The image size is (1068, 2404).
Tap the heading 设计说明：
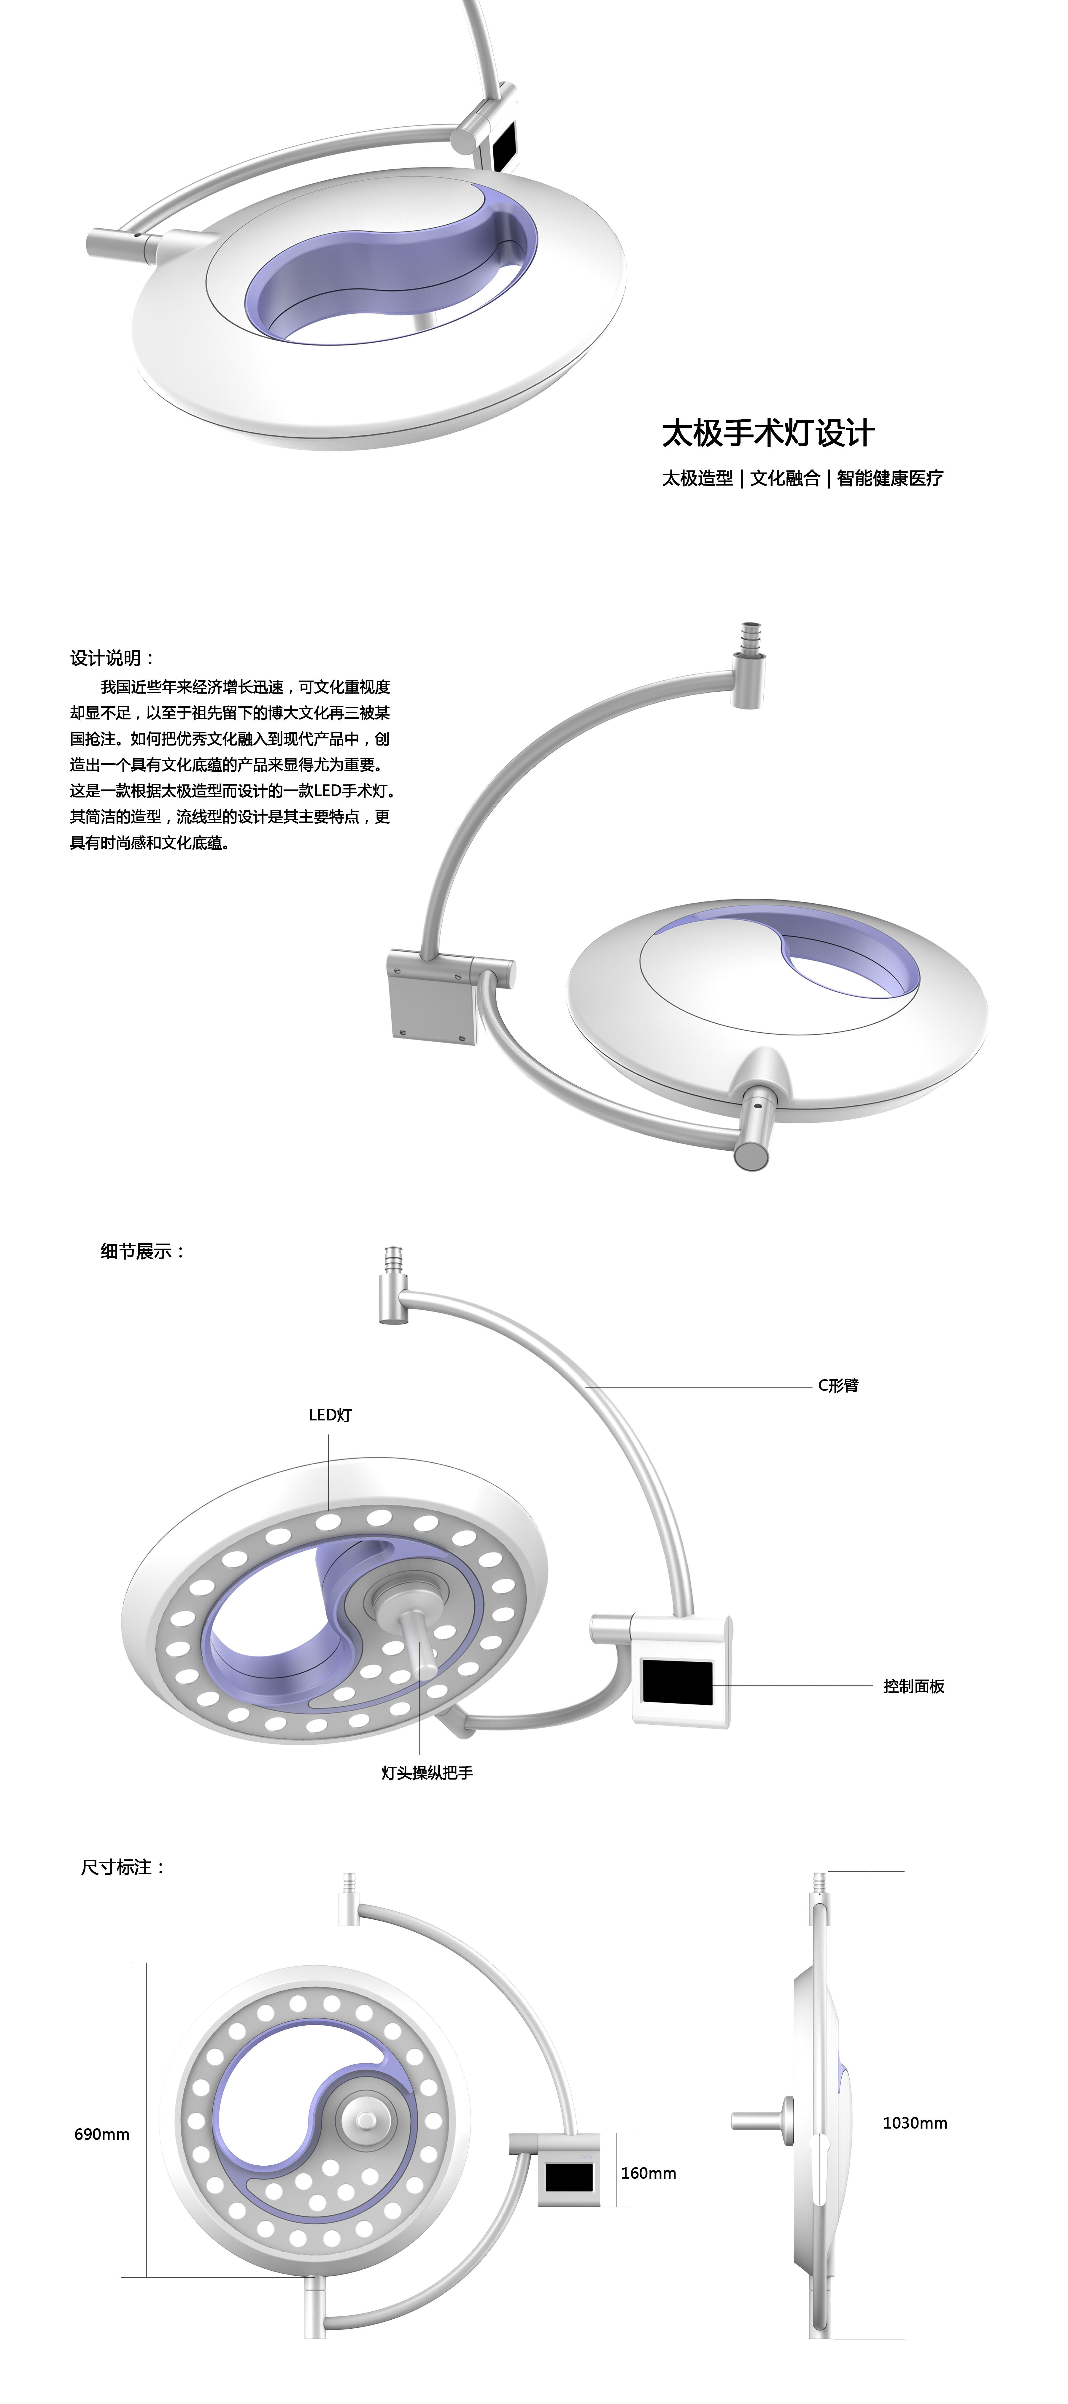tap(112, 658)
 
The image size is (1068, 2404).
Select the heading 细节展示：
tap(143, 1252)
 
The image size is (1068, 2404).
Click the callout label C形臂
tap(837, 1386)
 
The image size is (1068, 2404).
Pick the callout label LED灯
tap(330, 1415)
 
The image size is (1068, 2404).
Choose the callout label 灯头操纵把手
tap(427, 1772)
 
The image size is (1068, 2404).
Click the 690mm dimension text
tap(102, 2134)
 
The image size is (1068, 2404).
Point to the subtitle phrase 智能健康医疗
tap(890, 479)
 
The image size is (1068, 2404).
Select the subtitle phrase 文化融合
tap(784, 479)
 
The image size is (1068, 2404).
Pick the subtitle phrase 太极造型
tap(698, 479)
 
